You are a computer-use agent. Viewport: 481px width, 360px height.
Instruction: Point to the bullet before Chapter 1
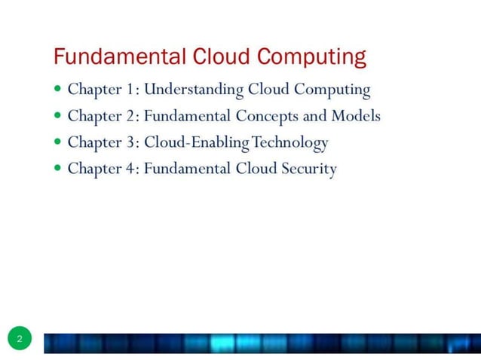click(58, 90)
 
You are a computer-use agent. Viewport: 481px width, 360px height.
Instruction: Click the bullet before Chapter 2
click(58, 116)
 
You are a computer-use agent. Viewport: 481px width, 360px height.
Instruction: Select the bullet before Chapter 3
click(58, 142)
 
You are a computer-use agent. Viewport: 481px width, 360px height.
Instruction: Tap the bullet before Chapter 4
click(58, 168)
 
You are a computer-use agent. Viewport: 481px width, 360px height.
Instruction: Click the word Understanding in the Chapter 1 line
click(194, 90)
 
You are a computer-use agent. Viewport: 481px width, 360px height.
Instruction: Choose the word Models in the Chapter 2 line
click(355, 116)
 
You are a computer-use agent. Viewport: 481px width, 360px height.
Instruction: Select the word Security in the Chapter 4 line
click(309, 169)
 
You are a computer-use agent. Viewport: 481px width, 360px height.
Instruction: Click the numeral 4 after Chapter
click(131, 169)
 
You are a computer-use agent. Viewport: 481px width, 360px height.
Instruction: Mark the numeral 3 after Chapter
click(131, 142)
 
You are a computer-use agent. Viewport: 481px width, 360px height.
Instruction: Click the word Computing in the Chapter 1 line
click(332, 90)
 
